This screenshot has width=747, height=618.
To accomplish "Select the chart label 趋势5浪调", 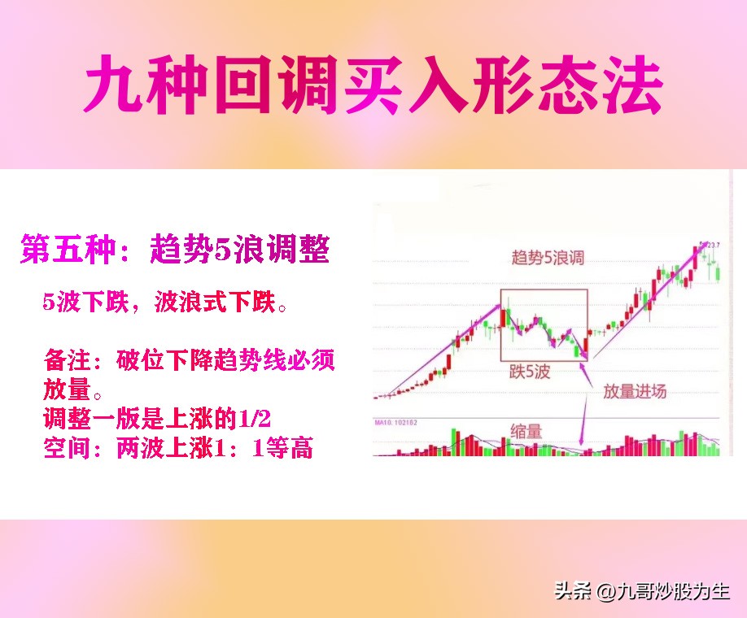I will pyautogui.click(x=548, y=259).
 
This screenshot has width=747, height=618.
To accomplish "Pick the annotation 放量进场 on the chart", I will pyautogui.click(x=635, y=391).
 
